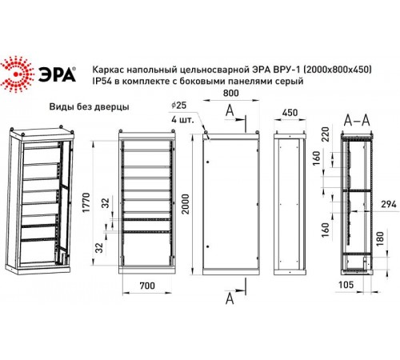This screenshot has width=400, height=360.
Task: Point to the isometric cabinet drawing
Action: coord(41,200)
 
